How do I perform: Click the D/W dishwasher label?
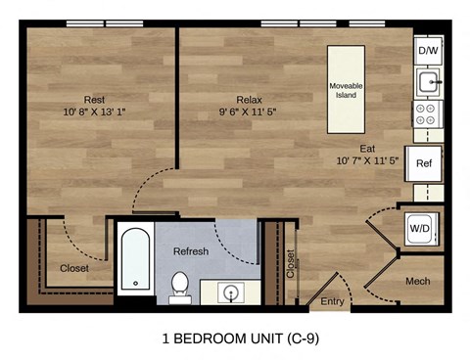point(428,50)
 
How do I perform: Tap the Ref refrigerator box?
point(424,163)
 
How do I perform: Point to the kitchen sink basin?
point(428,80)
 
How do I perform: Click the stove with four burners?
point(428,113)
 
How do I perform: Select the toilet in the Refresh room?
point(179,285)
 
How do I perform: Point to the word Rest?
point(95,100)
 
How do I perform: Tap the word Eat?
point(367,147)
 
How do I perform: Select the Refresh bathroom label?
point(191,251)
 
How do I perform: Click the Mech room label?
point(418,283)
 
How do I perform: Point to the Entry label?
point(333,302)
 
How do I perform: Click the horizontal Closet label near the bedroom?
point(74,268)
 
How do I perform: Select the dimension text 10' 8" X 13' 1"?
point(95,113)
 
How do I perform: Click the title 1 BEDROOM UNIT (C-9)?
point(234,339)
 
